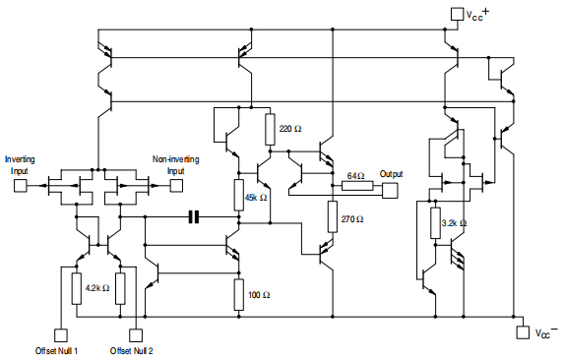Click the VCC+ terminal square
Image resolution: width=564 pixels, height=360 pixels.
tap(455, 14)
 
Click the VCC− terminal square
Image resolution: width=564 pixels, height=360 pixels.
tap(523, 333)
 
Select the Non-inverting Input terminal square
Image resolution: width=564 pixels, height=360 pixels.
tap(174, 183)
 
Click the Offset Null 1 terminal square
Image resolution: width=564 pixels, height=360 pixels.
tap(58, 334)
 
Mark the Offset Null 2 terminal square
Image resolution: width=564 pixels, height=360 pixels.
tap(135, 334)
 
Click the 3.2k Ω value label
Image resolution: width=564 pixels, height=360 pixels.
tap(455, 222)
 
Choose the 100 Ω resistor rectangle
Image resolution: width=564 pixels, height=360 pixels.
tap(238, 293)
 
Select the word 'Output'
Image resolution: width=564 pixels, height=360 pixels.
tap(392, 173)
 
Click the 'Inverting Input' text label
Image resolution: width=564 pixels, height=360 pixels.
tap(21, 164)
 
